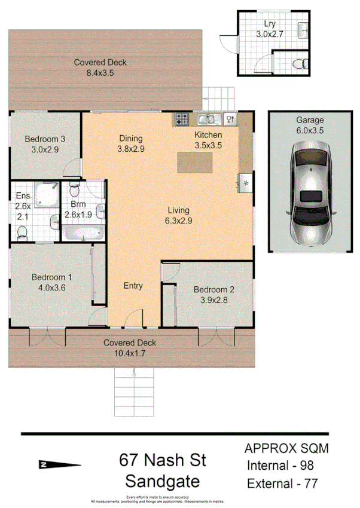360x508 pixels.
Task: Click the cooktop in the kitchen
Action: point(182,119)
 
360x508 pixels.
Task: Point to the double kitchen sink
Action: point(208,119)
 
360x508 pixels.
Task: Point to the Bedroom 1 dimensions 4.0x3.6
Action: point(51,287)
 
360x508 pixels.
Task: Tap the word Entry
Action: point(133,286)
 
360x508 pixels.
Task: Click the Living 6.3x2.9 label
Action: point(178,215)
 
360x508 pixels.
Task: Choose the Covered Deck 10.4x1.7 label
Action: point(129,348)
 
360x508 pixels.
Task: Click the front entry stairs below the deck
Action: point(133,391)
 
